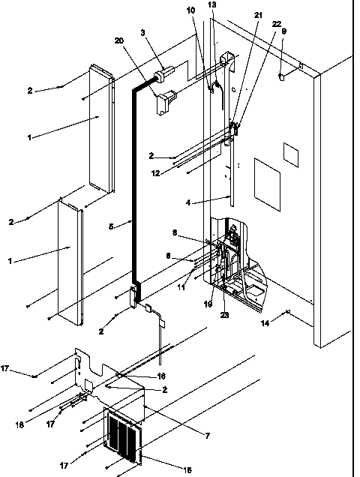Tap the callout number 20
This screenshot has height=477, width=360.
118,41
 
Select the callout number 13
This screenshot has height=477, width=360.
211,5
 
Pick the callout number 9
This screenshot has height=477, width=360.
283,31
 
